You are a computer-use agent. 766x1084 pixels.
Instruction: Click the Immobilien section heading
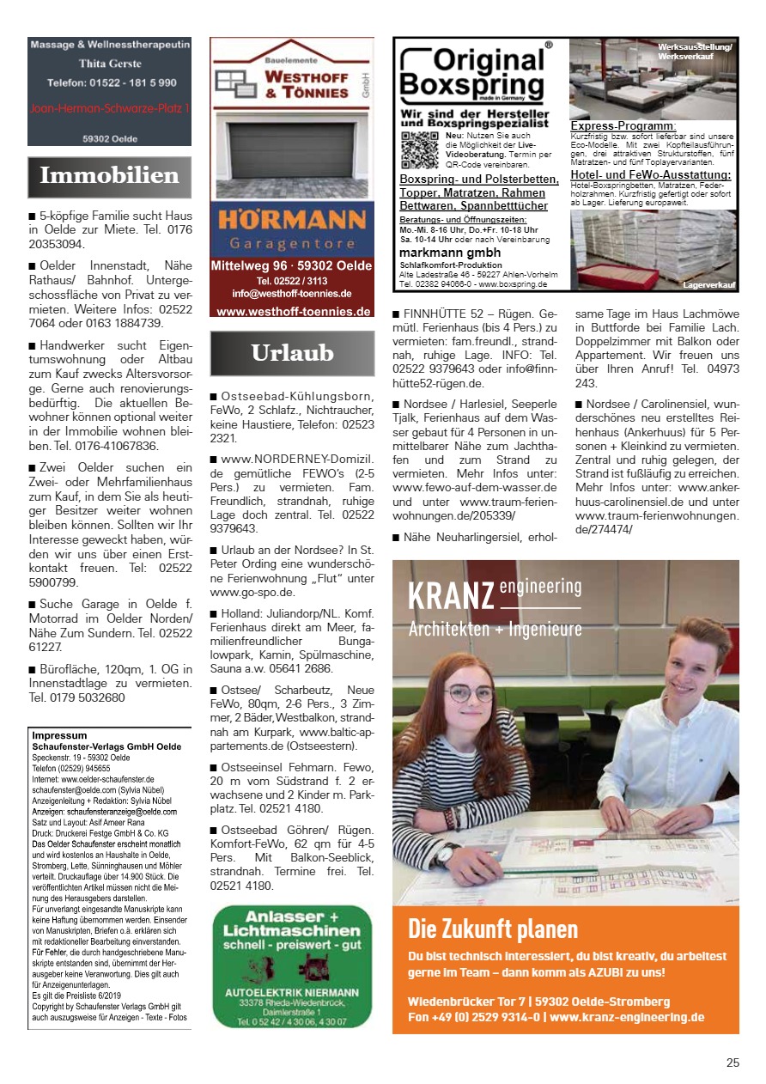pyautogui.click(x=109, y=176)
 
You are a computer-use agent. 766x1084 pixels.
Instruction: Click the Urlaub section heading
pyautogui.click(x=292, y=352)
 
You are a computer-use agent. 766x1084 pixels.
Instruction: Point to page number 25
pyautogui.click(x=732, y=1063)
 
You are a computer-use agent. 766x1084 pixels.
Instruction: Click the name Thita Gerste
pyautogui.click(x=109, y=64)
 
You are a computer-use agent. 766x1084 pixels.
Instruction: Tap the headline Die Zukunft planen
pyautogui.click(x=493, y=929)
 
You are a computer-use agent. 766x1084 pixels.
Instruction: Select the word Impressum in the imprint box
pyautogui.click(x=59, y=736)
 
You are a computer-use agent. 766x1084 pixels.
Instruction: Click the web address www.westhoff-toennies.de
pyautogui.click(x=292, y=312)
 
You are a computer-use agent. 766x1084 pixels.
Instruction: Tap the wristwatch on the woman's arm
pyautogui.click(x=446, y=852)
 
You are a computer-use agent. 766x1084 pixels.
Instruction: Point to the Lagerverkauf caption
pyautogui.click(x=709, y=283)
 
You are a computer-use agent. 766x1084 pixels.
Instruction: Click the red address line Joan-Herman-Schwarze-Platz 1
pyautogui.click(x=109, y=108)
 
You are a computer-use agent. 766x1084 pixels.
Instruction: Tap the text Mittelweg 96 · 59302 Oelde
pyautogui.click(x=291, y=267)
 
